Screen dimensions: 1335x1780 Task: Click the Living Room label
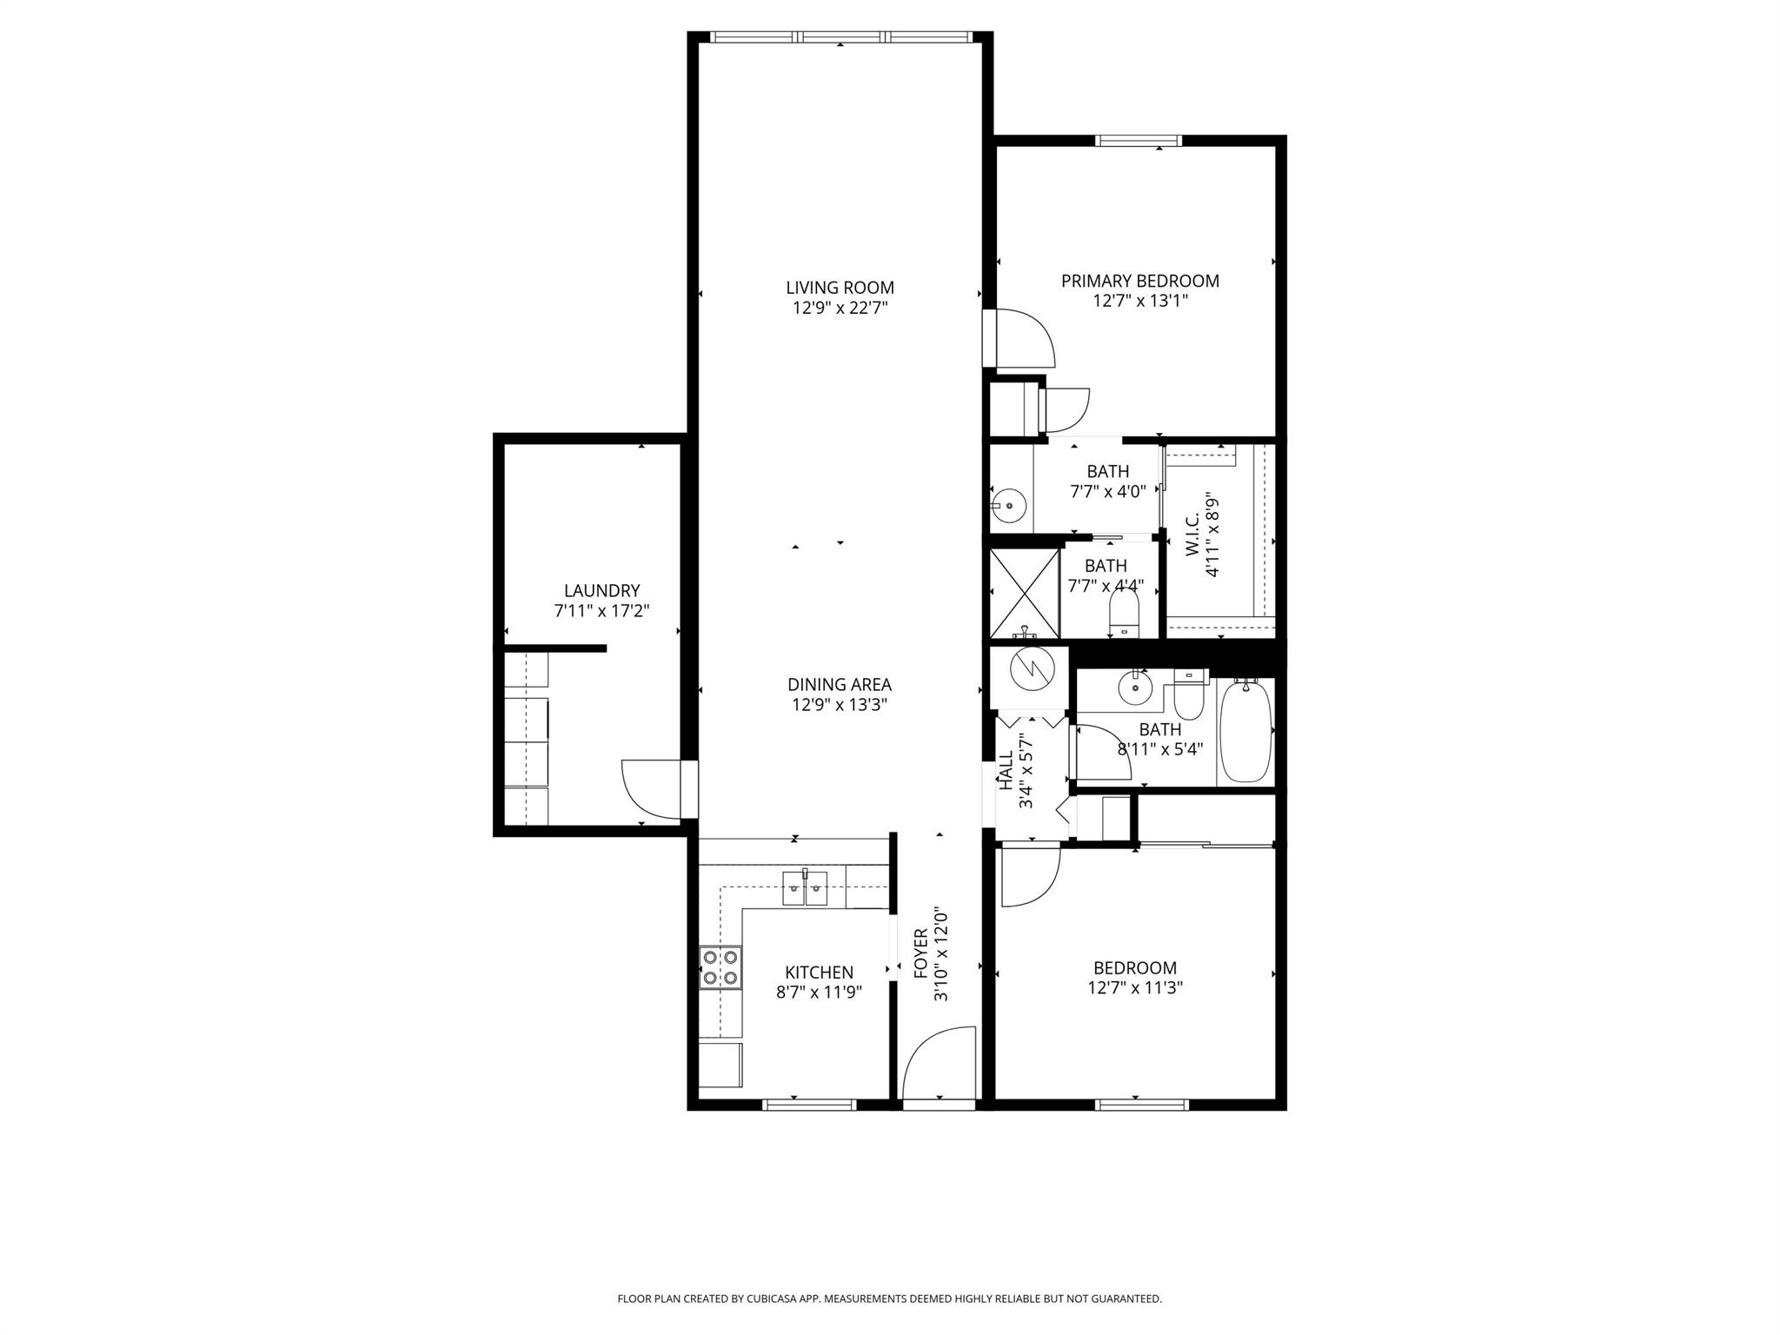(840, 288)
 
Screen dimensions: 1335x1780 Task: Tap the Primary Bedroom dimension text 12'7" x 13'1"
(1139, 301)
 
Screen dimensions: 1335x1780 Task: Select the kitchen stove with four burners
(721, 967)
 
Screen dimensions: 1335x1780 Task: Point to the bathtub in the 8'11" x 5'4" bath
(1245, 732)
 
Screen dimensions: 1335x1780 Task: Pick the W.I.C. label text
(1192, 535)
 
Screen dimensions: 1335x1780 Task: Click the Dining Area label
(840, 685)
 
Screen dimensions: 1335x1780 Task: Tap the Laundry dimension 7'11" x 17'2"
(601, 611)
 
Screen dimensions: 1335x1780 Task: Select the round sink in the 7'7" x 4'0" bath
(1009, 504)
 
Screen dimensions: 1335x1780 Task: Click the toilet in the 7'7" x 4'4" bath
(1125, 614)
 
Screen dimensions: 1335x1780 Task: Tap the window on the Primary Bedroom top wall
(1138, 141)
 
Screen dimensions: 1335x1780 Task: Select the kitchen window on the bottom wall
(809, 1105)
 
